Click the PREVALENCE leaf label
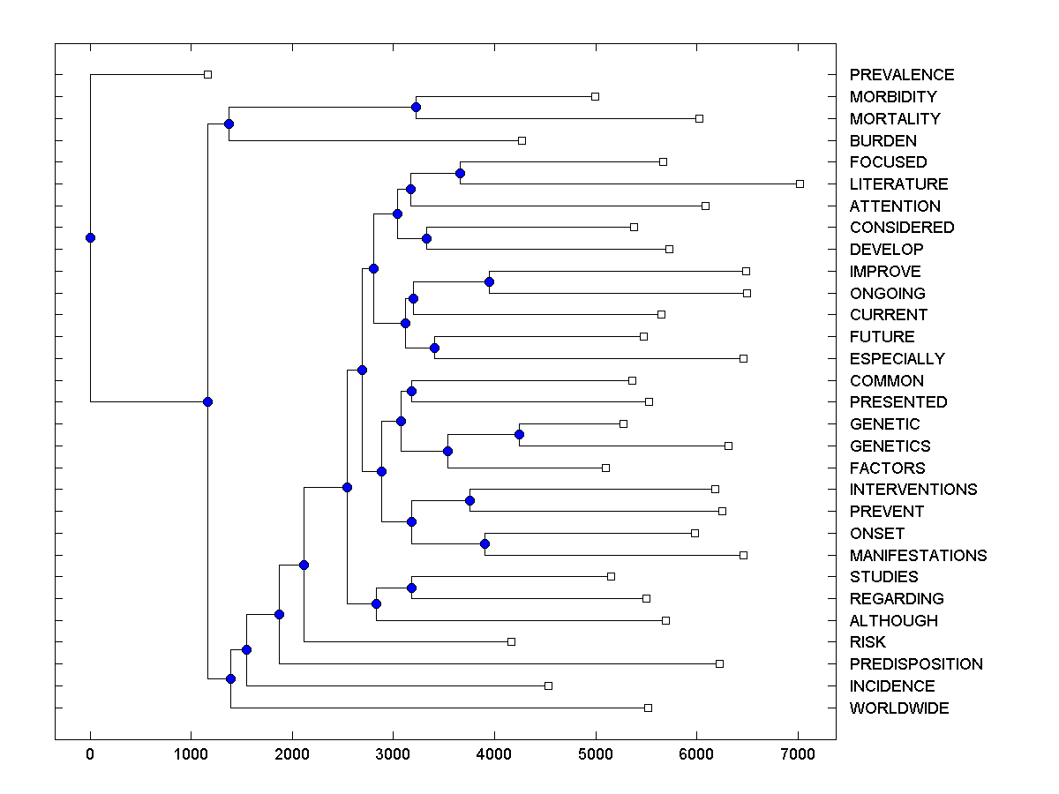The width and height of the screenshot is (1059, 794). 901,75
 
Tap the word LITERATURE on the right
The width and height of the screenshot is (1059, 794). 898,184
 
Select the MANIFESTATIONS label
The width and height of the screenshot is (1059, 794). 918,556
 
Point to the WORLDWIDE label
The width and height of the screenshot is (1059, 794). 899,708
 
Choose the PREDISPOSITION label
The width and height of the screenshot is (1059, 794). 916,664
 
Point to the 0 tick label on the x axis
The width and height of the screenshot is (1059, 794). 90,753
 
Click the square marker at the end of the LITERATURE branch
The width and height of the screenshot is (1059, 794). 800,184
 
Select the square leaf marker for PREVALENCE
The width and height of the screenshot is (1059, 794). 207,74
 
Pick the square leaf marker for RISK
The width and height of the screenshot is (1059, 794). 511,641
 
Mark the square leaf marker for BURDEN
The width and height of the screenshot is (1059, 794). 522,140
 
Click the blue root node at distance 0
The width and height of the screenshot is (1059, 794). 90,237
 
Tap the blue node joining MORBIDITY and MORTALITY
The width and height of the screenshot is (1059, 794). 416,107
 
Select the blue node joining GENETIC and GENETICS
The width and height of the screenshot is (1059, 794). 519,434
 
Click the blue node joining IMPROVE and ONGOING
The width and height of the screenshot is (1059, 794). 489,282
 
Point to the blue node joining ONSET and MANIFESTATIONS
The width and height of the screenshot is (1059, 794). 484,543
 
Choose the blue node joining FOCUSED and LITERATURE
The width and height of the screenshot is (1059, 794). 460,173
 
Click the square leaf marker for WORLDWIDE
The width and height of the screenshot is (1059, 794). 648,708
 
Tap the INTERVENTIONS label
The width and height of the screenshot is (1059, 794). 913,490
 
